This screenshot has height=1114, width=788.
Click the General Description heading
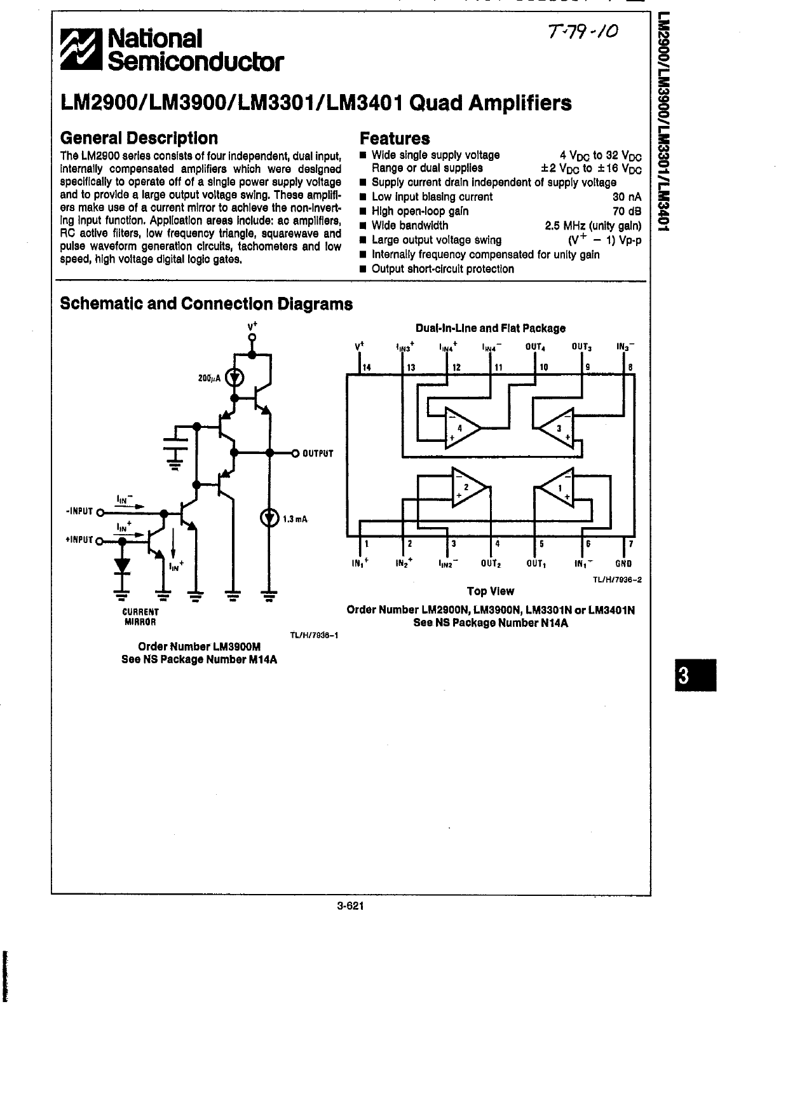[x=139, y=138]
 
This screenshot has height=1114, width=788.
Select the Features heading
[x=395, y=138]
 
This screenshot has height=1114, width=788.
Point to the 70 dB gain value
[x=627, y=211]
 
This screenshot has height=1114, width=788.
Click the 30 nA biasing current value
[x=627, y=197]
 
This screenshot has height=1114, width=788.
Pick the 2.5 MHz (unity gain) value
[x=594, y=226]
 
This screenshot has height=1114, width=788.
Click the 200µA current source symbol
[x=235, y=378]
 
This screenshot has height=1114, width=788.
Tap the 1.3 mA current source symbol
[x=269, y=518]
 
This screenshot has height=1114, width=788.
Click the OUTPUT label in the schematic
[x=318, y=453]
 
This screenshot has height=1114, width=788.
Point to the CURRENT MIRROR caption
[x=140, y=617]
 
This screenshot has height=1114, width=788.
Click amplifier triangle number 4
[x=461, y=427]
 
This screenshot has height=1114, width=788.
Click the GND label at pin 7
[x=623, y=563]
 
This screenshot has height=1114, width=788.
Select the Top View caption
[x=491, y=591]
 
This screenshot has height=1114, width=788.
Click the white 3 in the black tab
[x=683, y=676]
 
